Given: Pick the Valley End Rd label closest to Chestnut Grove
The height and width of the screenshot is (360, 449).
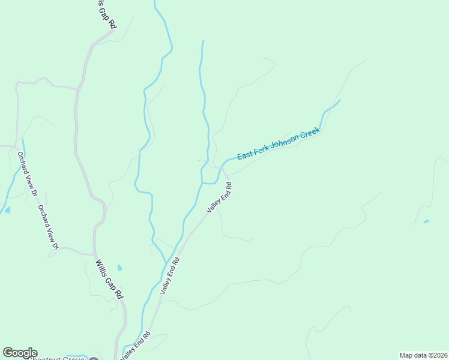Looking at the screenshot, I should click(135, 346).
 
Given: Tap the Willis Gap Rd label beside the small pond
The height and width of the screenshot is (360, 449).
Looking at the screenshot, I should click(109, 278).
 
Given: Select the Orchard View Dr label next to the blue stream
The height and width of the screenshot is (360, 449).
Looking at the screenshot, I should click(27, 173).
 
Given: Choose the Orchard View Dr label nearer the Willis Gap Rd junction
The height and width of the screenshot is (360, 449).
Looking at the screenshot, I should click(48, 227).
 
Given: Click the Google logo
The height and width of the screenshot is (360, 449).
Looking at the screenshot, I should click(19, 352).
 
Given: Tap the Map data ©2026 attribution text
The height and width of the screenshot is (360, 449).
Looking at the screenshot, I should click(423, 355).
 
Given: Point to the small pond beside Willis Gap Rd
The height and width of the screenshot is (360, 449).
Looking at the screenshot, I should click(119, 267).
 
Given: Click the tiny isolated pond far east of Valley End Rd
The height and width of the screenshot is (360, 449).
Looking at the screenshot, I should click(426, 221).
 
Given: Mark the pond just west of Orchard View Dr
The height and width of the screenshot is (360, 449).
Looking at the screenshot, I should click(7, 210).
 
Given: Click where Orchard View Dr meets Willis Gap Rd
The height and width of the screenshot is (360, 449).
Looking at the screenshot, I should click(94, 254).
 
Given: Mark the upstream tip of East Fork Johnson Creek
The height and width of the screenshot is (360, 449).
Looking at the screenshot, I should click(340, 100).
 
